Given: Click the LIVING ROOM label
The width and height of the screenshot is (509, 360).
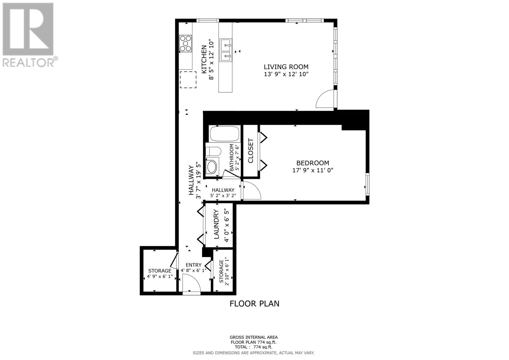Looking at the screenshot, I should click(x=286, y=67).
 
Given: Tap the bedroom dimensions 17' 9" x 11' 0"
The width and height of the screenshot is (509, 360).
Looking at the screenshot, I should click(x=312, y=170).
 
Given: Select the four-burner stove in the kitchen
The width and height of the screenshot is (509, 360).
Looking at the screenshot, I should click(x=186, y=43).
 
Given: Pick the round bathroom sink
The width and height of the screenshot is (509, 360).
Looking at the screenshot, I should click(x=211, y=166).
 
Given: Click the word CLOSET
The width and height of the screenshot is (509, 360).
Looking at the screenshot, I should click(x=251, y=151).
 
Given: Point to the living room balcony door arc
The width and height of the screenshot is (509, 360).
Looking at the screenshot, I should click(x=324, y=99).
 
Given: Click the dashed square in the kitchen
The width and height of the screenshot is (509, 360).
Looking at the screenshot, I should click(x=188, y=80).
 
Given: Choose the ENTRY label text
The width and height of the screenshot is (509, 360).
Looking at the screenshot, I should click(x=193, y=265).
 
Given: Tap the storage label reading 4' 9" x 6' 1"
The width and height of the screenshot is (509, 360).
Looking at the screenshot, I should click(x=159, y=277).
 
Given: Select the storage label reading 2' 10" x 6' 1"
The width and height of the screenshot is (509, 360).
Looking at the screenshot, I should click(x=227, y=272).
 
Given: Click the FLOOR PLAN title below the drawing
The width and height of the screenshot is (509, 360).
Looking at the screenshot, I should click(x=254, y=304).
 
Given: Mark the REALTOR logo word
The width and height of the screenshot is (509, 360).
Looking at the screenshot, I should click(x=29, y=62).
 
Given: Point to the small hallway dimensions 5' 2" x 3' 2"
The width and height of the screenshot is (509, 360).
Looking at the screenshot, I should click(x=223, y=196).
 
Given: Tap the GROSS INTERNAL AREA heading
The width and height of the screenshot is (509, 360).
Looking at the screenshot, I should click(x=254, y=337).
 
